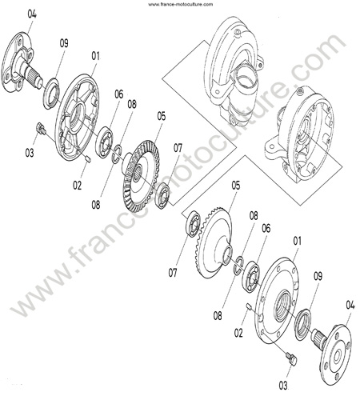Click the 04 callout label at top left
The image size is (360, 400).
point(32,14)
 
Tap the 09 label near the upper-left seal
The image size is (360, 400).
point(64,43)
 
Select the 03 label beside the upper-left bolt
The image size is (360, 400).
point(30,153)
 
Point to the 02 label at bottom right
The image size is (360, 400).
point(238,333)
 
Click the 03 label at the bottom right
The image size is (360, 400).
point(283,386)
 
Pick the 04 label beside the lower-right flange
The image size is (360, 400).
point(350,305)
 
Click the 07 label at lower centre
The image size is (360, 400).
point(173,273)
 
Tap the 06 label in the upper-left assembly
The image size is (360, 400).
point(119,94)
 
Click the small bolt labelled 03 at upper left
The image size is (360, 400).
point(41,128)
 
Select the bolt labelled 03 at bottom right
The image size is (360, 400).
point(291,358)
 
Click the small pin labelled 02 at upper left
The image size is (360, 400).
point(89,158)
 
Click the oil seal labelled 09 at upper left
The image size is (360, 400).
point(51,94)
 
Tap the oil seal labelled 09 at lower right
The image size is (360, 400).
point(303,324)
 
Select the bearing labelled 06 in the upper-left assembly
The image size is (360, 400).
point(104,142)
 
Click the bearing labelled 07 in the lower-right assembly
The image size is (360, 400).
point(194,224)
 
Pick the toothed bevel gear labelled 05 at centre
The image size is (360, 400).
point(142,175)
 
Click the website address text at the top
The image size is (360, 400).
point(181,4)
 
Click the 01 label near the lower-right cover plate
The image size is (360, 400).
point(297,241)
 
